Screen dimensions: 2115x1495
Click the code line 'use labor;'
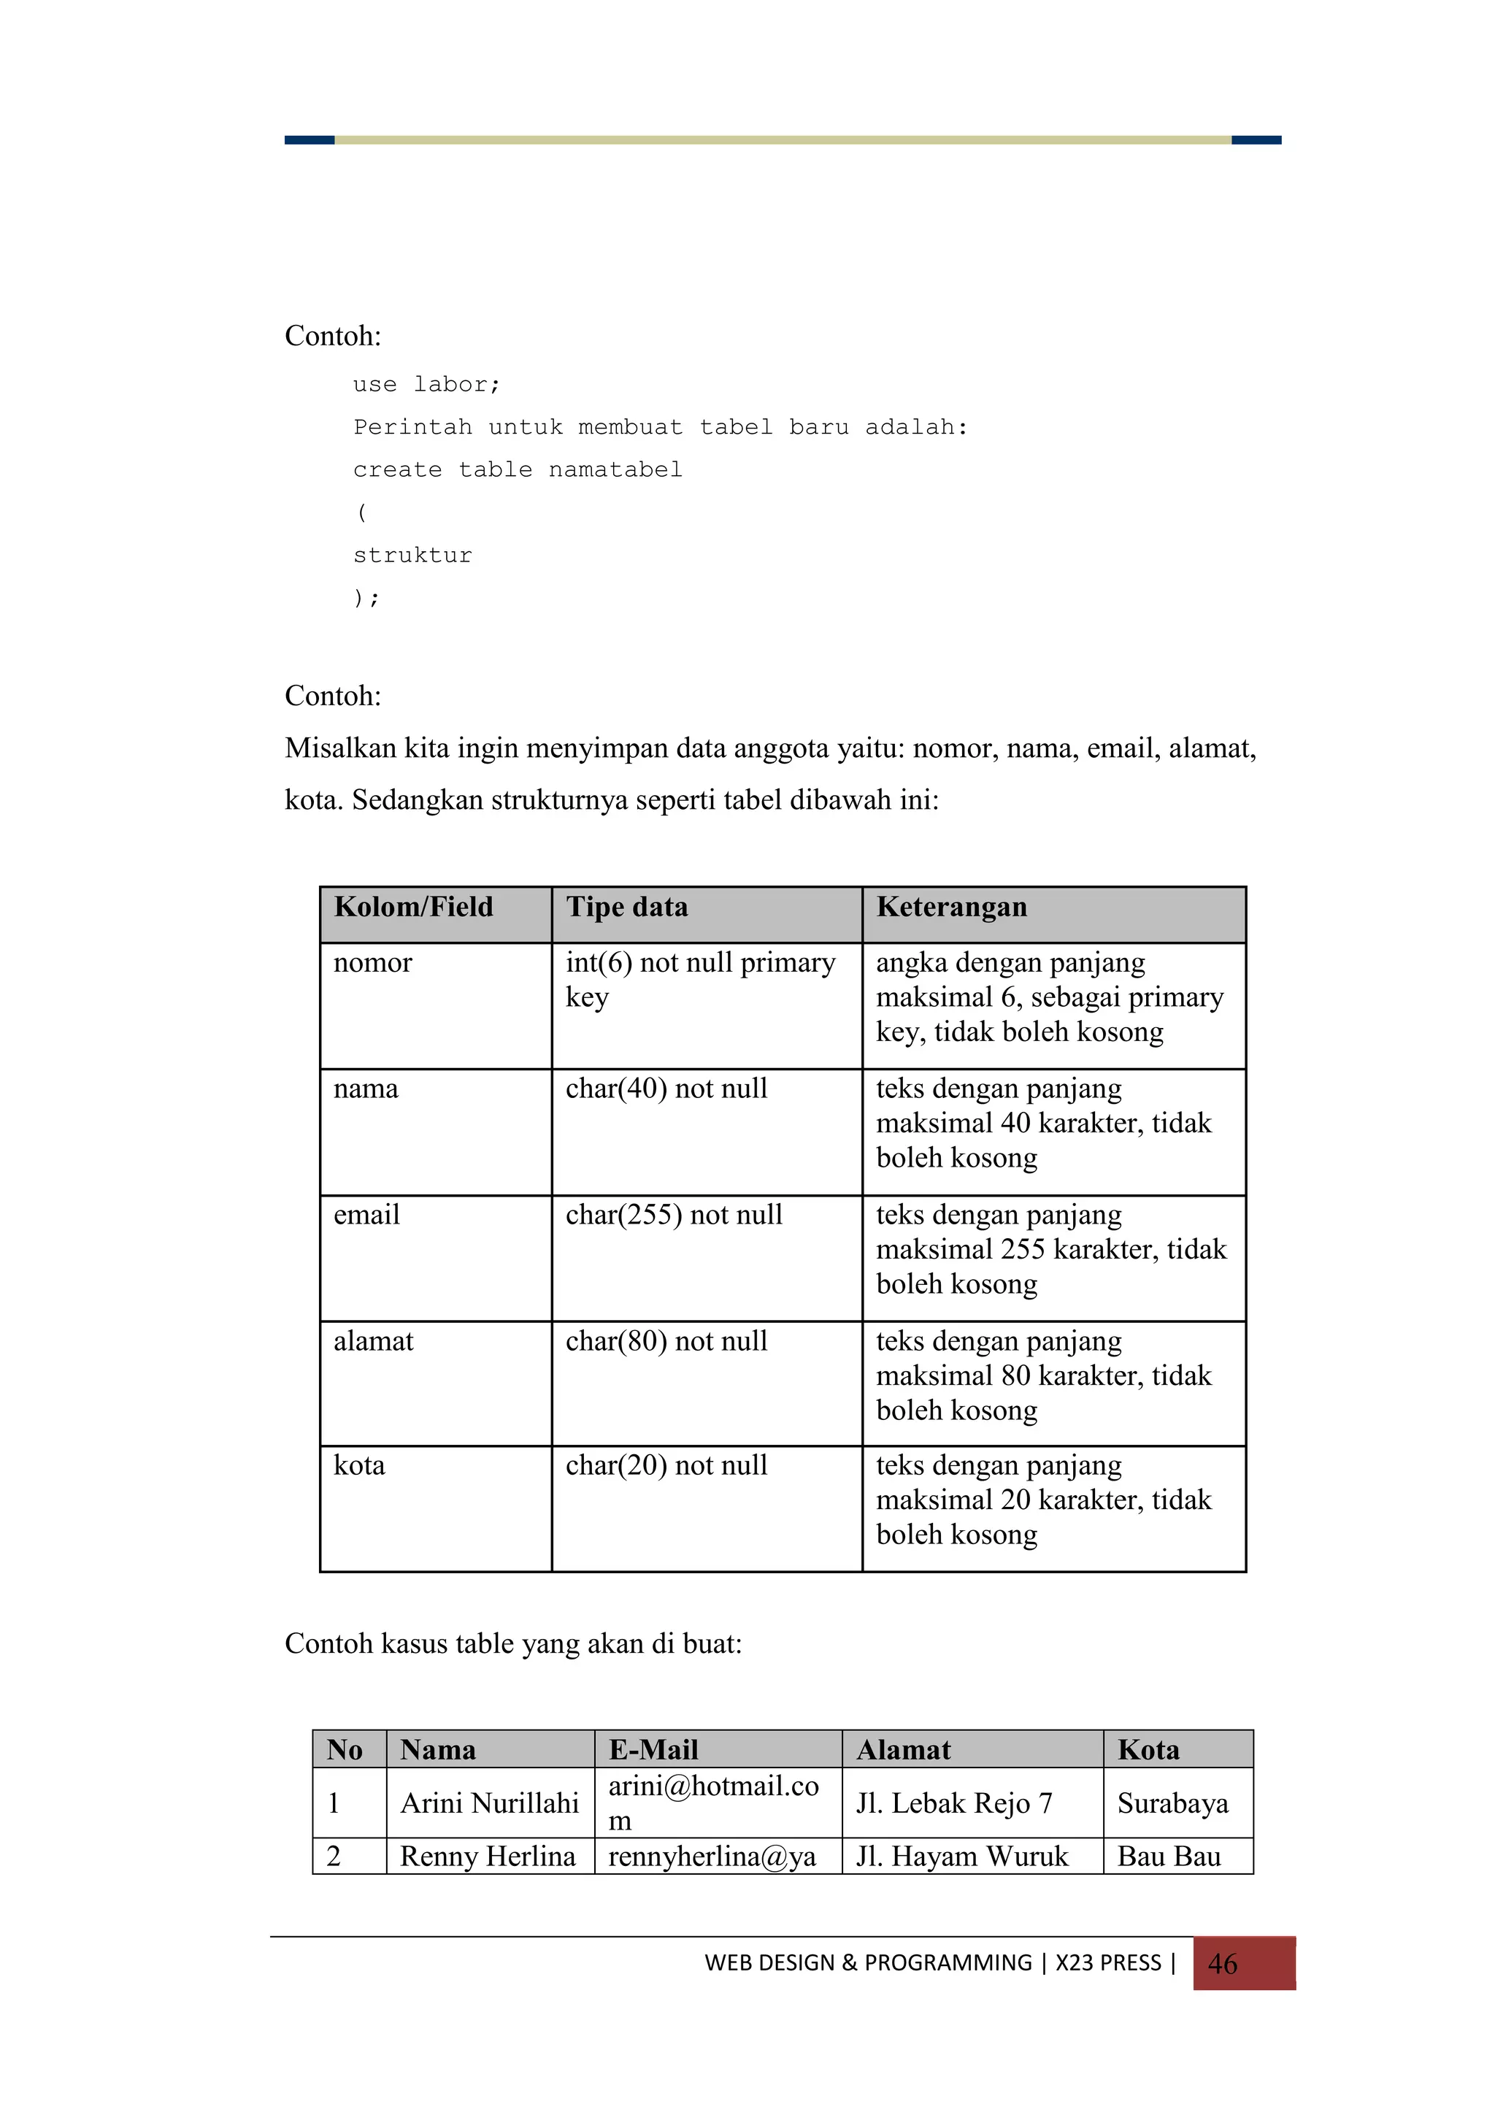(426, 384)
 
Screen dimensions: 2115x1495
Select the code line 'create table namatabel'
(518, 469)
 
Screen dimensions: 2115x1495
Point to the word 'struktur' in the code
(412, 556)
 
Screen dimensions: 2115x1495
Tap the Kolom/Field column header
(414, 907)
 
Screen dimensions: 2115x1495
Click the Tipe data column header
(627, 907)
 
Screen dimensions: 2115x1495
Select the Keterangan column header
(952, 907)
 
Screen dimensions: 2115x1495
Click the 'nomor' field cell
(373, 963)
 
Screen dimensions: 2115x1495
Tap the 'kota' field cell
(359, 1465)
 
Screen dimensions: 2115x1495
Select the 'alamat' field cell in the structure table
(373, 1341)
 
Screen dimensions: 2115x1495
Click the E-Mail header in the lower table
(653, 1749)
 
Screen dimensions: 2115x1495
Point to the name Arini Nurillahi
(489, 1803)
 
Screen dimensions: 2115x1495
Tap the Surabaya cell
(1172, 1803)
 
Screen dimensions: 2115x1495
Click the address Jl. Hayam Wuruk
(961, 1856)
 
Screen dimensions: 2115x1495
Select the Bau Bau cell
(1169, 1856)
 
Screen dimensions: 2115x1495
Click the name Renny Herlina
(488, 1856)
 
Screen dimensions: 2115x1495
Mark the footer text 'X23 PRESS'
(1108, 1963)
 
